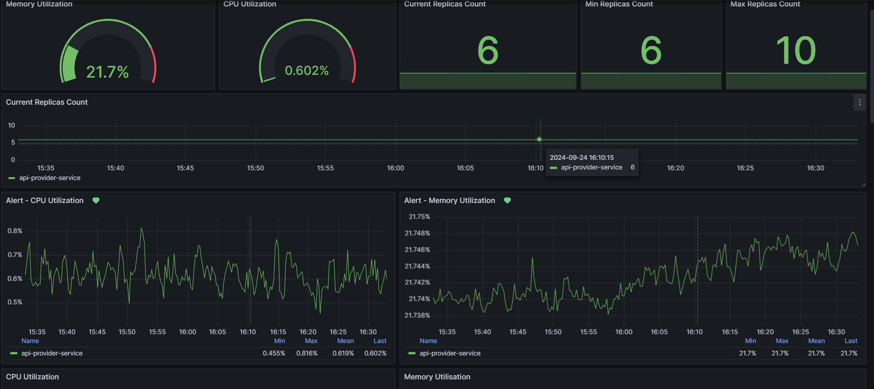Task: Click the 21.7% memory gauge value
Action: (x=107, y=72)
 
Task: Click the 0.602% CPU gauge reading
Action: (x=307, y=71)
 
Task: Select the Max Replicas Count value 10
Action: (x=796, y=51)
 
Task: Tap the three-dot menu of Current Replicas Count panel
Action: (x=860, y=102)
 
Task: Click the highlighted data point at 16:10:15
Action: (x=539, y=139)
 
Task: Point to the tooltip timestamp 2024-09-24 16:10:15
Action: (x=582, y=158)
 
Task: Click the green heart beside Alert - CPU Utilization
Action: (x=96, y=200)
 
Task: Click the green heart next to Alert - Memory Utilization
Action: (x=507, y=200)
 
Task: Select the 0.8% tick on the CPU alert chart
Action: (x=15, y=231)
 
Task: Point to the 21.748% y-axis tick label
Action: (x=417, y=233)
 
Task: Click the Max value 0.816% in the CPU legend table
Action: (x=307, y=353)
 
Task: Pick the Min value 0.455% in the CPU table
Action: (x=274, y=353)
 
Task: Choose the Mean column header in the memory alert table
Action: (x=816, y=341)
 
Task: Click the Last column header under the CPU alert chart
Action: (x=380, y=341)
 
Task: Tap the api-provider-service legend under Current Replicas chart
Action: (x=50, y=178)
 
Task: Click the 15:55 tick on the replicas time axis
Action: (x=325, y=168)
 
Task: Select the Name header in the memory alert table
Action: (x=428, y=341)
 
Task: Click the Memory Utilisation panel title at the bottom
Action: (x=437, y=377)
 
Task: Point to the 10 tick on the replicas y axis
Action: (x=11, y=125)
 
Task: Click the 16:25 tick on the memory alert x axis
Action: (x=801, y=332)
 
